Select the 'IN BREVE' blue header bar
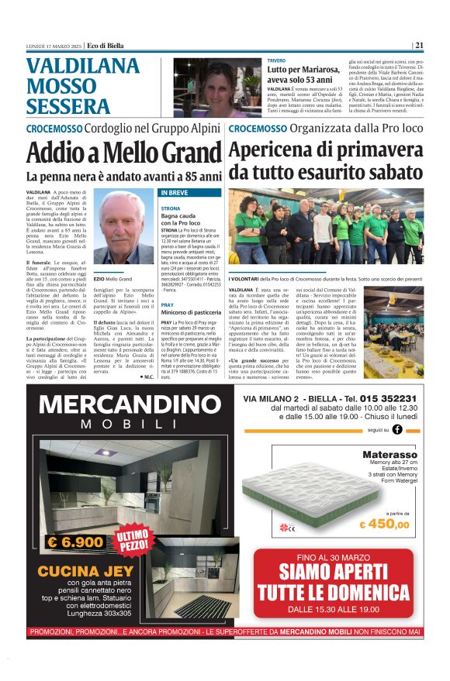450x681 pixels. [190, 192]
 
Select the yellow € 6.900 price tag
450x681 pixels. [75, 542]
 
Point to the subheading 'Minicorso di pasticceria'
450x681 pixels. [191, 311]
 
